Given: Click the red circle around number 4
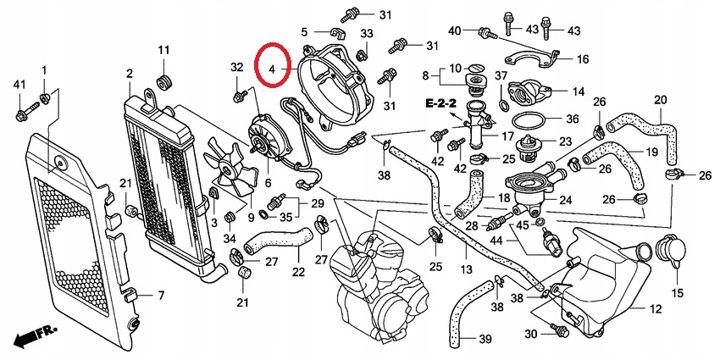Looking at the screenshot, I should [274, 66].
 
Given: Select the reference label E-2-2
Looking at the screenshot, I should [440, 102].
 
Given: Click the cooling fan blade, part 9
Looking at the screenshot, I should [230, 174].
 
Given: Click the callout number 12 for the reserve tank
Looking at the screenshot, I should [655, 312].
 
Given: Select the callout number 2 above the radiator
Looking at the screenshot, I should [129, 74].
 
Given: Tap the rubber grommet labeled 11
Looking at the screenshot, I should [163, 83].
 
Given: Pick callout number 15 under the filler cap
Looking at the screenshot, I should [677, 293].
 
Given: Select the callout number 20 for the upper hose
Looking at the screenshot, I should [660, 100].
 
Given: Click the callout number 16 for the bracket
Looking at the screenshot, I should [583, 59].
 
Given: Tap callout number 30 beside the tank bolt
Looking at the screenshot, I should [530, 335].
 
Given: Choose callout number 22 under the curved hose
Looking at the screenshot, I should [298, 271].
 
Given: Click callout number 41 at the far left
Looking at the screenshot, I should [19, 85].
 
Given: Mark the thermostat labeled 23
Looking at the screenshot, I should [533, 146].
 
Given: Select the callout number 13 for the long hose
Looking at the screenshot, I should [466, 269].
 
